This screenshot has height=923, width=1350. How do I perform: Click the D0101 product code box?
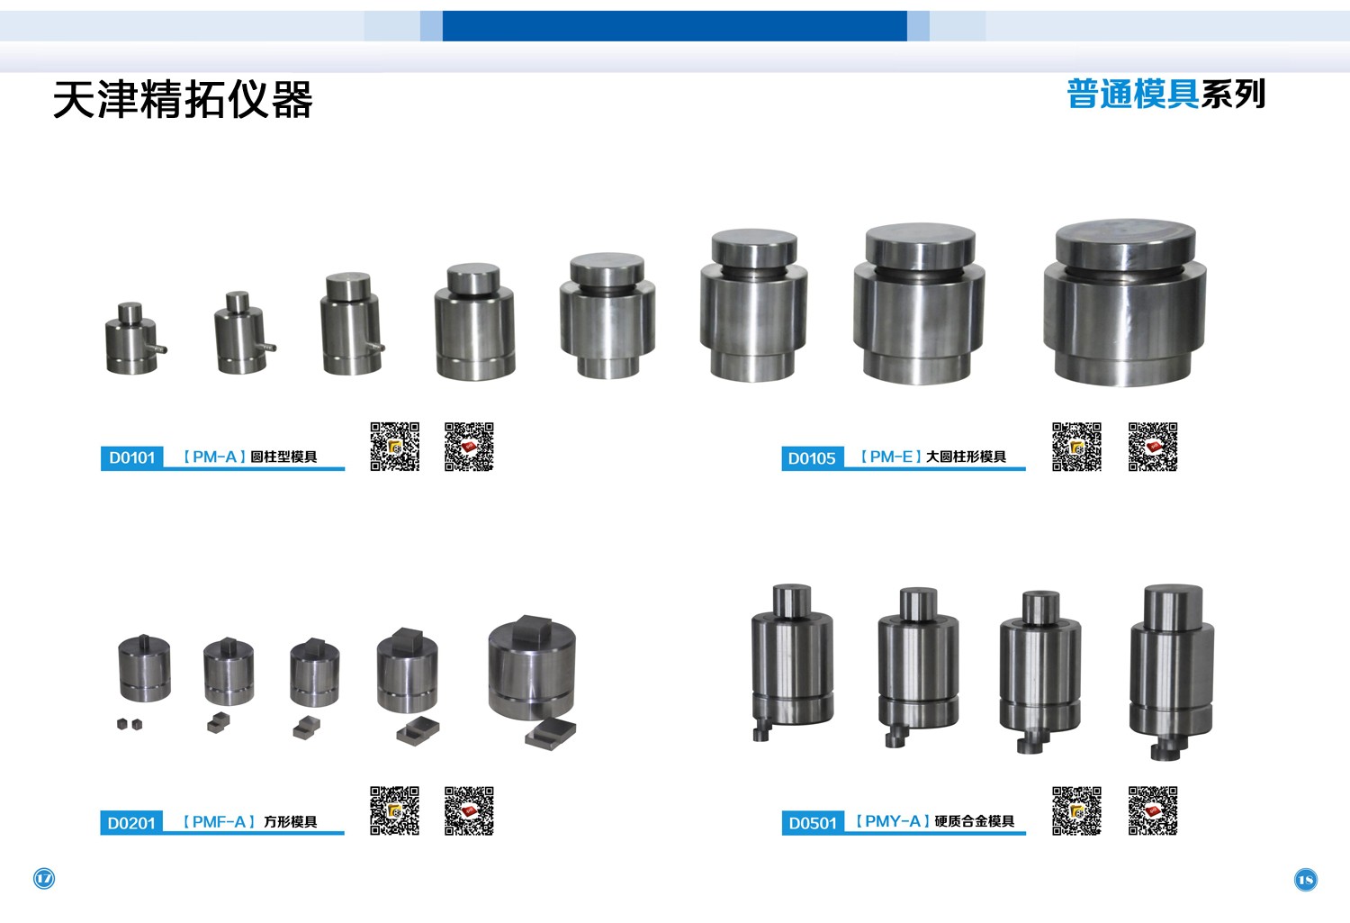coord(131,457)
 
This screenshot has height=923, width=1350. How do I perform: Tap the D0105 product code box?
coord(812,458)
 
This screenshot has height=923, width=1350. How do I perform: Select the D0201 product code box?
coord(130,822)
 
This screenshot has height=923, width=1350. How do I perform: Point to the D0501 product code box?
coord(813,823)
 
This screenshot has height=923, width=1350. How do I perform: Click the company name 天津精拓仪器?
coord(184,99)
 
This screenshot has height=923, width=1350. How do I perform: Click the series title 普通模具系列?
coord(1165,94)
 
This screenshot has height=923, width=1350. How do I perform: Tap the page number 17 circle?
coord(44,878)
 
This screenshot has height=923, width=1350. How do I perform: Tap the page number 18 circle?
coord(1305,880)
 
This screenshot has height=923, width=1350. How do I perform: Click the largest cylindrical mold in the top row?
coord(1125,303)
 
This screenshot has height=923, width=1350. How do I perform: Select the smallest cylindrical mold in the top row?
coord(134,339)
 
